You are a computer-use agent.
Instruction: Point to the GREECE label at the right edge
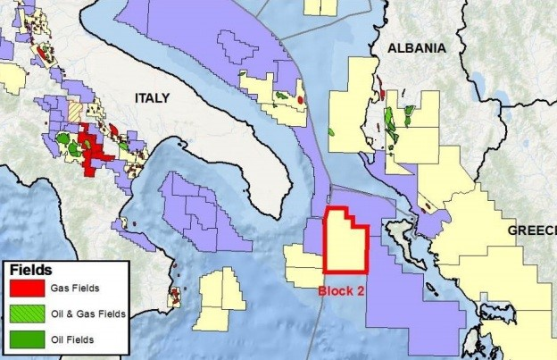[x=532, y=230]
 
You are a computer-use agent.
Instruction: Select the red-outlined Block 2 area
[x=345, y=242]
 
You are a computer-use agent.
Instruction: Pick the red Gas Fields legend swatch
[x=28, y=289]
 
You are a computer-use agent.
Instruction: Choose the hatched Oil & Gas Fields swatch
[x=28, y=314]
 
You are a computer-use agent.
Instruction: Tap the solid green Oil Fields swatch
[x=28, y=339]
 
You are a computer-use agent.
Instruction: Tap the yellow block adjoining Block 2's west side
[x=303, y=265]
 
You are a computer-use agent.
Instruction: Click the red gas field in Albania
[x=381, y=90]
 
